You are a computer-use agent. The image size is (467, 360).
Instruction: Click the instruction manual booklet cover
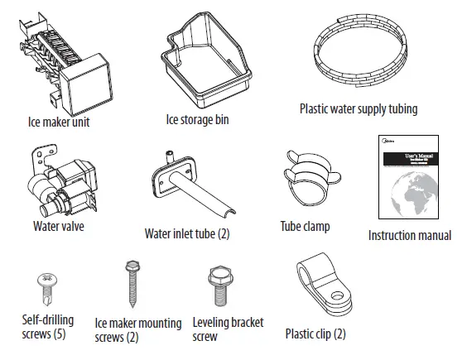coord(410,179)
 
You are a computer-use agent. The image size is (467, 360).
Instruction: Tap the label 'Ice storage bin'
coord(199,120)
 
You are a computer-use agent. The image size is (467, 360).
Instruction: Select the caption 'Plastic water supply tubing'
coord(358,108)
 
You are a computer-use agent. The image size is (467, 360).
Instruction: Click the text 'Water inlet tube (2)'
coord(187,233)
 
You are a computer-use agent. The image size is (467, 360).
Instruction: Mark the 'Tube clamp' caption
coord(305,226)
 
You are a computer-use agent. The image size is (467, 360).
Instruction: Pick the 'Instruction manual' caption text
coord(410,236)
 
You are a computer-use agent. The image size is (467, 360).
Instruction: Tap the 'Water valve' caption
coord(58,225)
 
